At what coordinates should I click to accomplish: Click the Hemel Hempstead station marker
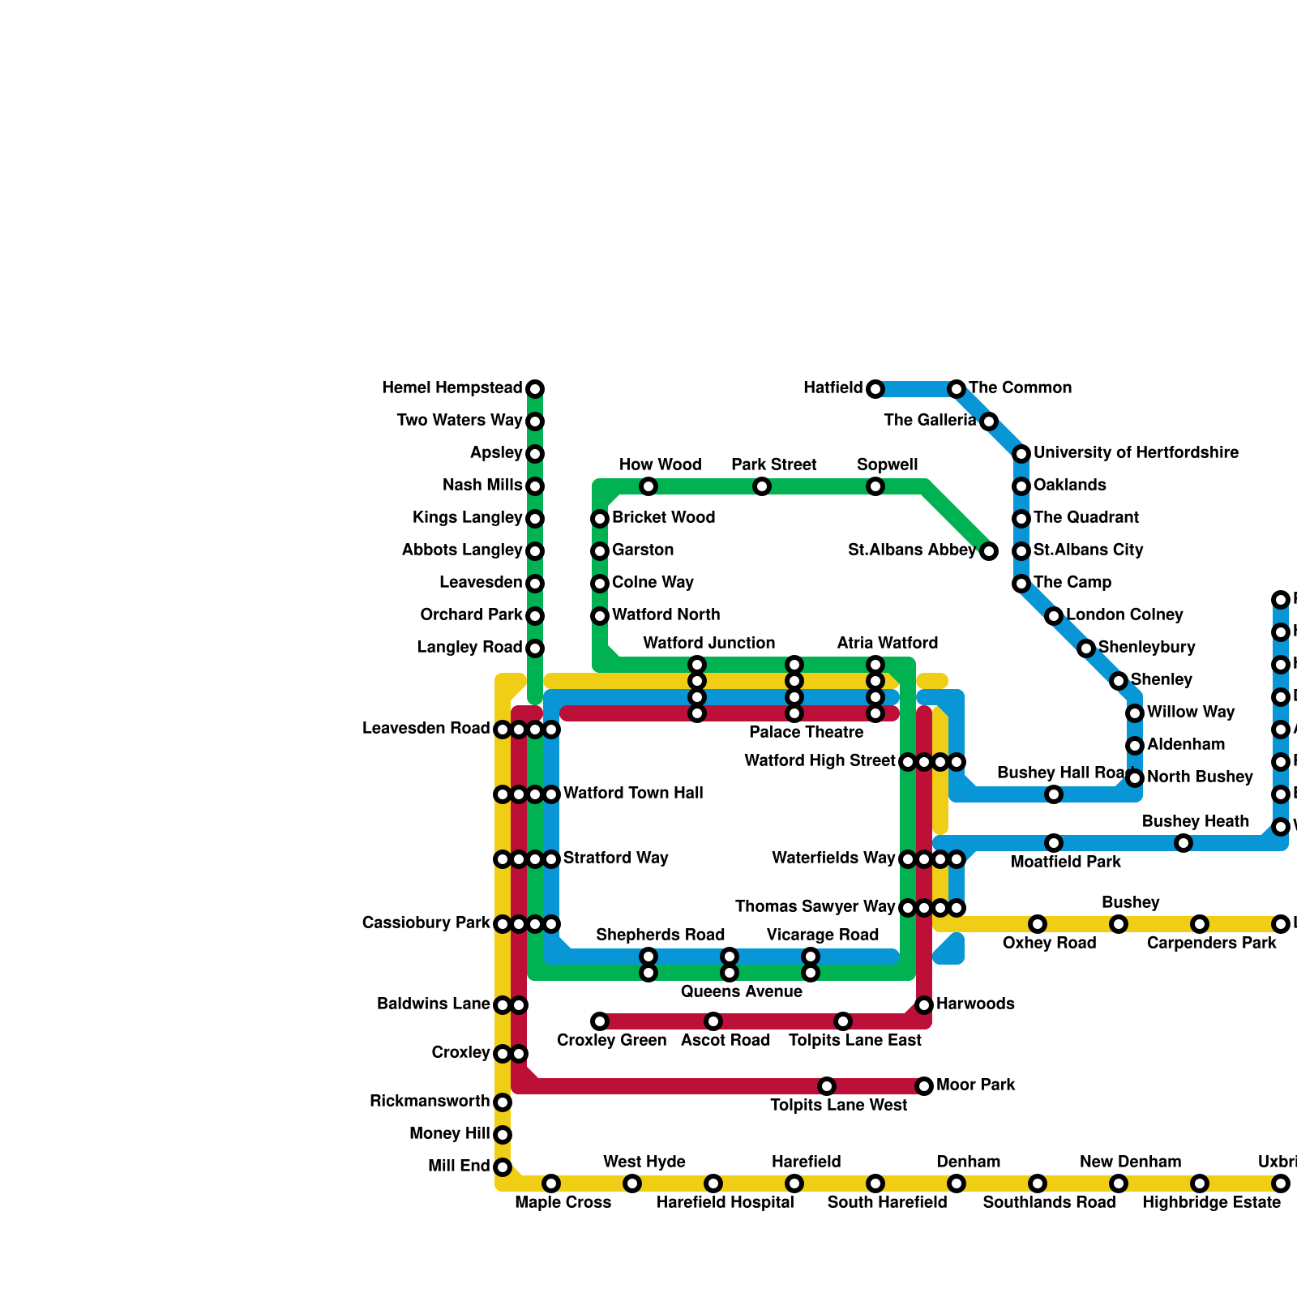tap(535, 389)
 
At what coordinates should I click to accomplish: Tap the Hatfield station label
tap(833, 388)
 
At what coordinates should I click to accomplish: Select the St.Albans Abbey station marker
tap(989, 551)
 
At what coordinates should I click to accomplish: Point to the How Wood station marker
tap(648, 486)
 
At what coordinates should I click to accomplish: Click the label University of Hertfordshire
tap(1136, 452)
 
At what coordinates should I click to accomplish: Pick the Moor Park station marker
tap(924, 1086)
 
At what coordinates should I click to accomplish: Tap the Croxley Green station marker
tap(600, 1021)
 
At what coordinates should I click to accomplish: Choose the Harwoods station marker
tap(924, 1005)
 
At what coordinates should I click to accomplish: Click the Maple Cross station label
tap(563, 1202)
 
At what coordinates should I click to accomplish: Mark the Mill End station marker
tap(503, 1167)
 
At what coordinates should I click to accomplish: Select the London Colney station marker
tap(1054, 616)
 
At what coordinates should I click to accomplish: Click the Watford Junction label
tap(708, 643)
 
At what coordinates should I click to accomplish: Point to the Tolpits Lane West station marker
tap(827, 1086)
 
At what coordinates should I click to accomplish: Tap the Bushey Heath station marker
tap(1184, 843)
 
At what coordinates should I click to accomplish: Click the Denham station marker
tap(957, 1184)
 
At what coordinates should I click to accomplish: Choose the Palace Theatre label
tap(806, 733)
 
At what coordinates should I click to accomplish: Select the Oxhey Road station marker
tap(1038, 924)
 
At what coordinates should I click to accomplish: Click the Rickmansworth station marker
tap(503, 1102)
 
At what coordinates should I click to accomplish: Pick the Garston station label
tap(643, 550)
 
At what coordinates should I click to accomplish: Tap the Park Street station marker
tap(762, 486)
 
